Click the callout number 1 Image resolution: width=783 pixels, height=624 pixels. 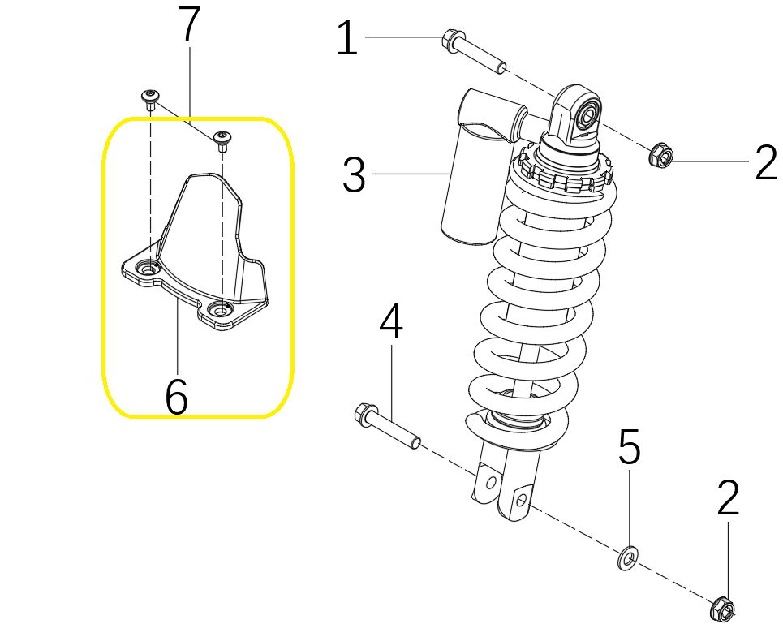(347, 38)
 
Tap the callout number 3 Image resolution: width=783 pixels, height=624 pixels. (354, 174)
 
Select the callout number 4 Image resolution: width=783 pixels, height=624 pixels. (391, 321)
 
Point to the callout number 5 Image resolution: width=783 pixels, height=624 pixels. (629, 447)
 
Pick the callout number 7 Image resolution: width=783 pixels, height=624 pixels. (189, 24)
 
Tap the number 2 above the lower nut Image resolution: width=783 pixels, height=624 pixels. (728, 497)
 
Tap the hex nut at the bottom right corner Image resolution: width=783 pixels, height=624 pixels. (723, 608)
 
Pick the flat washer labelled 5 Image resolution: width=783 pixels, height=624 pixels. (626, 558)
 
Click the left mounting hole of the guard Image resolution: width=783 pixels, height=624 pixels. (148, 269)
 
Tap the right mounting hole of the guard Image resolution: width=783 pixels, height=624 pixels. (220, 311)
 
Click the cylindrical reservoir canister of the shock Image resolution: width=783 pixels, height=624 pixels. (478, 167)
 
